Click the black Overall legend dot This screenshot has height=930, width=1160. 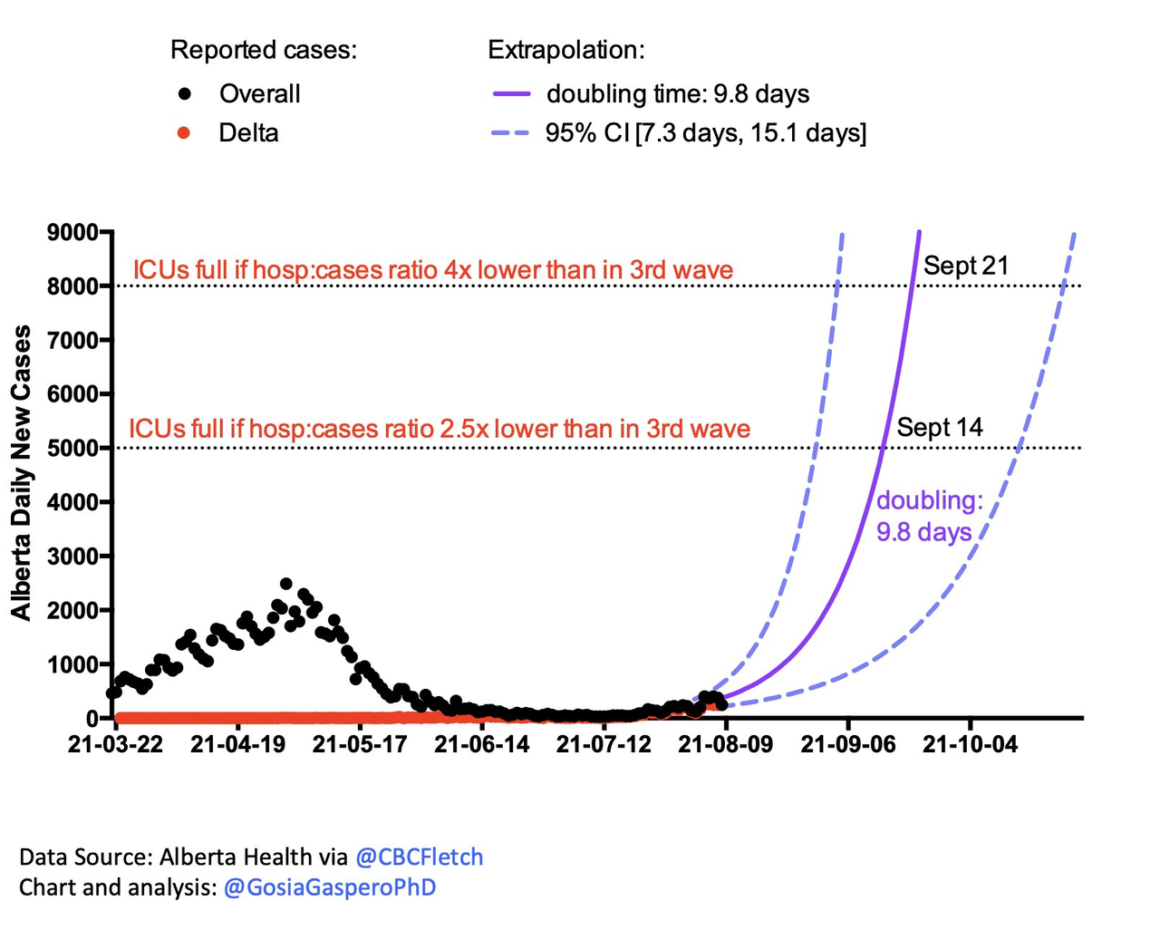click(185, 93)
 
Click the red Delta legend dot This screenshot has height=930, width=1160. click(184, 133)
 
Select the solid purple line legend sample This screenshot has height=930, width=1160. click(511, 93)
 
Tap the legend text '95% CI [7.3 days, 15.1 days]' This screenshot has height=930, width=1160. click(705, 133)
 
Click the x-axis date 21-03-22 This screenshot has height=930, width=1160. click(116, 744)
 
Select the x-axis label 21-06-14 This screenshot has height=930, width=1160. click(482, 744)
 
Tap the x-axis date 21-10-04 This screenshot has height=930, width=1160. click(970, 744)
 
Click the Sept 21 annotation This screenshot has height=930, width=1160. click(966, 266)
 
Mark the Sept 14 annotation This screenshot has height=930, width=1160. click(940, 427)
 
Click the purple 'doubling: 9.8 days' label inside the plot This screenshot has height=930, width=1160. click(928, 516)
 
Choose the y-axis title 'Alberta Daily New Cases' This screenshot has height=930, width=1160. click(21, 472)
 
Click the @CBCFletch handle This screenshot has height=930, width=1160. click(419, 857)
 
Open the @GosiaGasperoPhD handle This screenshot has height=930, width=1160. click(330, 886)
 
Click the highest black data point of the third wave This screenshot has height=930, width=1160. click(286, 584)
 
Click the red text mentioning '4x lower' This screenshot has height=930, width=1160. click(433, 270)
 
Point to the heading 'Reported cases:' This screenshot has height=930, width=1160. click(264, 50)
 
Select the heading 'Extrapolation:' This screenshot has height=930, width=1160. click(566, 50)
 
